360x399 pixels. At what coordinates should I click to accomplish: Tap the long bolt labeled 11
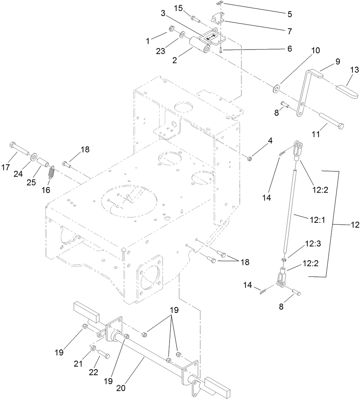332,121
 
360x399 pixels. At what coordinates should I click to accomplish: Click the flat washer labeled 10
276,88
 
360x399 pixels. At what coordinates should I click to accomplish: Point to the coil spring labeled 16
52,172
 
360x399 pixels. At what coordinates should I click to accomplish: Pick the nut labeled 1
172,28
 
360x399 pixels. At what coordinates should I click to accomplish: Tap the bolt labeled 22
104,355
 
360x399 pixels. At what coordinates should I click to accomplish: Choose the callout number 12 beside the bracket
354,225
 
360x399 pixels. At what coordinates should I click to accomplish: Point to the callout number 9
337,61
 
